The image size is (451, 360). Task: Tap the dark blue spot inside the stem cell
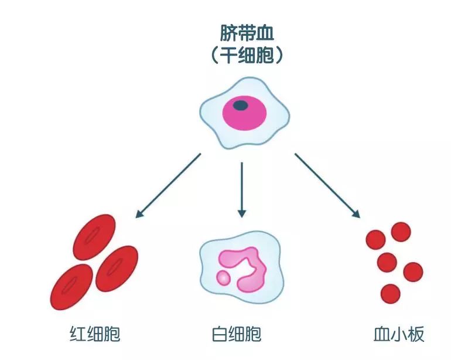click(241, 106)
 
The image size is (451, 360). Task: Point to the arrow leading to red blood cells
click(168, 185)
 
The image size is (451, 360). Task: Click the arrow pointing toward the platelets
click(327, 185)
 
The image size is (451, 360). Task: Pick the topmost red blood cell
click(94, 237)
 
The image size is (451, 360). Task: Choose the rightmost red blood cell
click(117, 268)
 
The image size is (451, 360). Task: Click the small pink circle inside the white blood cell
click(223, 277)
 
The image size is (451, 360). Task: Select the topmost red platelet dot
click(401, 232)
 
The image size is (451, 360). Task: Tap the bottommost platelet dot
click(390, 293)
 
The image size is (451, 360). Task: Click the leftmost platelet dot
click(375, 239)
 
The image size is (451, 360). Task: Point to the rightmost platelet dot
click(412, 271)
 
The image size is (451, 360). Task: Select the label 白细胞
click(235, 334)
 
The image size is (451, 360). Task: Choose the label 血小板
click(398, 334)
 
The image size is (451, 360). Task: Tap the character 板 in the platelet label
click(416, 334)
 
